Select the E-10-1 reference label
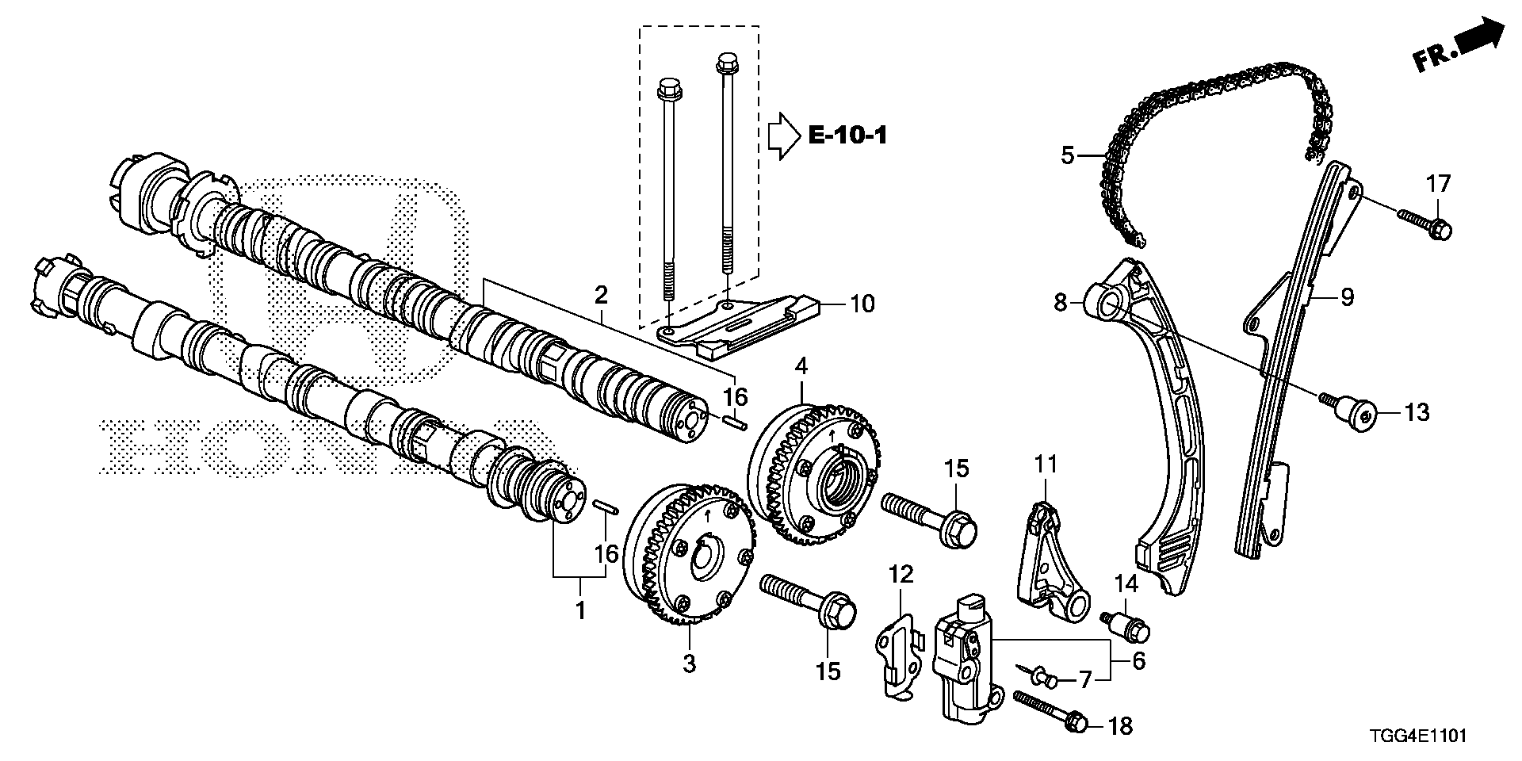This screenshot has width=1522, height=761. point(847,136)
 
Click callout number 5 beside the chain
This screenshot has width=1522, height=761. point(1067,155)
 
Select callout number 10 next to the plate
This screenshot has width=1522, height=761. point(862,304)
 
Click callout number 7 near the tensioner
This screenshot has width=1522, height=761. point(1084,679)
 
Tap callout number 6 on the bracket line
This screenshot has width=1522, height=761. point(1138,660)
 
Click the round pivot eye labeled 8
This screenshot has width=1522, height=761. point(1109,302)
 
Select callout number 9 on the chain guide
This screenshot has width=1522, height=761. point(1347,298)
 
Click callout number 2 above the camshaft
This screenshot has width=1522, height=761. point(602,296)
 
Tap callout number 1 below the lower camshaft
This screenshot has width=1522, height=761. point(580,610)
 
